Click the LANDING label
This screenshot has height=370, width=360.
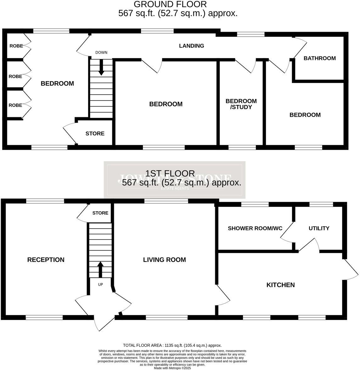[x=191, y=46]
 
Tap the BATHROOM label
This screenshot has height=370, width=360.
[x=319, y=58]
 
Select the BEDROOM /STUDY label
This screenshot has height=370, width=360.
[x=241, y=104]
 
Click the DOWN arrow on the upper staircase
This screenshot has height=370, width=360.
[x=101, y=67]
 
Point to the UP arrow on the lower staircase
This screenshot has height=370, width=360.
[x=100, y=269]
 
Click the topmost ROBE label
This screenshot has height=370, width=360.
[x=16, y=46]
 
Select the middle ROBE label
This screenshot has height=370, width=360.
[x=15, y=76]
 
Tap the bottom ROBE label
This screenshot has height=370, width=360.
[x=15, y=105]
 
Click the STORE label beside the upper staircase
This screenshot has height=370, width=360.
[x=95, y=134]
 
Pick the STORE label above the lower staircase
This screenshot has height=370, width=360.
[x=100, y=213]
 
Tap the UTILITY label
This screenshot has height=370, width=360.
[x=319, y=228]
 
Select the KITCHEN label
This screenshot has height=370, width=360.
[x=280, y=285]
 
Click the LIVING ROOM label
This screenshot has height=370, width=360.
[x=164, y=260]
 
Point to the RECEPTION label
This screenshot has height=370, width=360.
[x=46, y=260]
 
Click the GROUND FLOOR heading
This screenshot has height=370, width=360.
[x=170, y=4]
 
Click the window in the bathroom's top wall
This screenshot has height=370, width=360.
[x=250, y=34]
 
